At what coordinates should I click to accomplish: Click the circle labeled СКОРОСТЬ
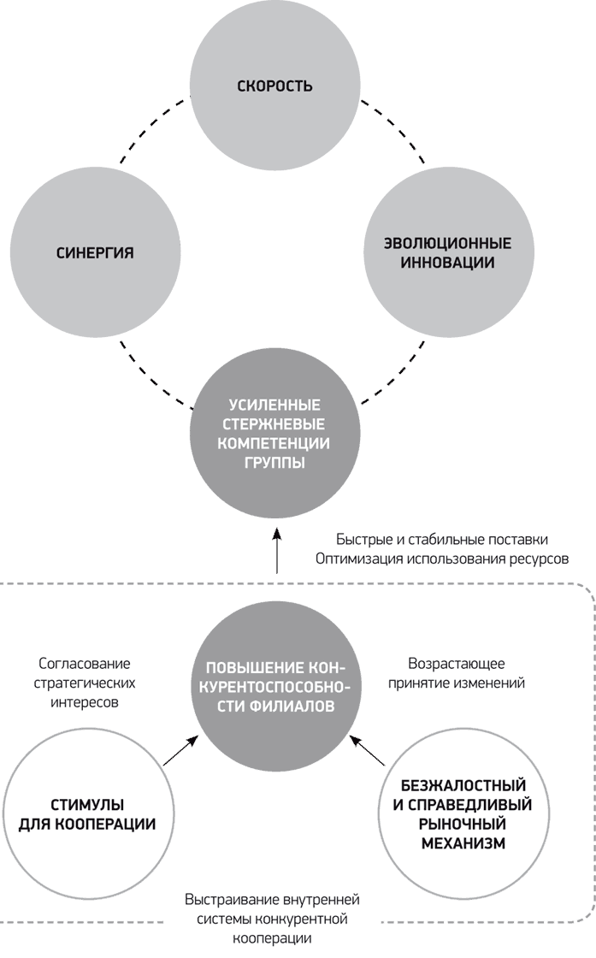[274, 86]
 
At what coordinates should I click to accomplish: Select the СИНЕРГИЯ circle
[95, 252]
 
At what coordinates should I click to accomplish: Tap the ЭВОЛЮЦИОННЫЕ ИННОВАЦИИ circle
[448, 252]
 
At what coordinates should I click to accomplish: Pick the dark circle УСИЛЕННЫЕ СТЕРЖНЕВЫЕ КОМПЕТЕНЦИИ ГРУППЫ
[274, 433]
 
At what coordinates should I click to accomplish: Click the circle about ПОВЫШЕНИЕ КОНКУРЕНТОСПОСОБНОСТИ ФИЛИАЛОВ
[274, 685]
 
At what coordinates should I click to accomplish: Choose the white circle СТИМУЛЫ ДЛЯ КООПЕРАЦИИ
[88, 813]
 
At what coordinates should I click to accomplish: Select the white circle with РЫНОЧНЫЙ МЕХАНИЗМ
[463, 813]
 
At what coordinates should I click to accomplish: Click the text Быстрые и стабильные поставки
[441, 540]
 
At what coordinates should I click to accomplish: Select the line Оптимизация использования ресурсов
[442, 559]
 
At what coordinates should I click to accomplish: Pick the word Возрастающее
[456, 664]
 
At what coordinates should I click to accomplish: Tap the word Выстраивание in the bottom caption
[233, 900]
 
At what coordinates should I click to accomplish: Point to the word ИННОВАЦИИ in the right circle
[447, 263]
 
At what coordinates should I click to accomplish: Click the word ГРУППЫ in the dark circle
[274, 463]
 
